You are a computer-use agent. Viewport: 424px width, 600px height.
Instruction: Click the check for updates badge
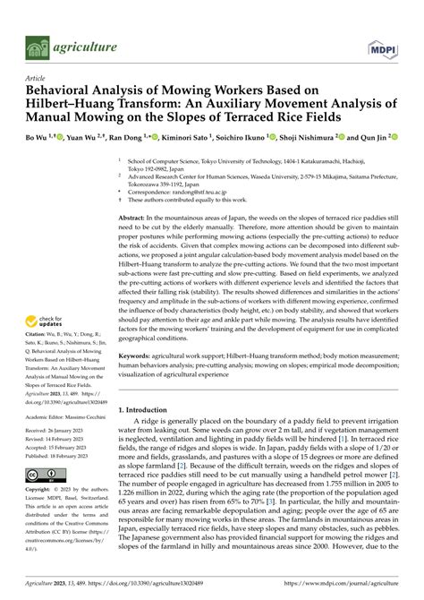pos(42,321)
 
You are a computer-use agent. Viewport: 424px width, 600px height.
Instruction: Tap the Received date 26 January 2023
pos(68,431)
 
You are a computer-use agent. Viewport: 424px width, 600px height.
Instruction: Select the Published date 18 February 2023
pos(70,455)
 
